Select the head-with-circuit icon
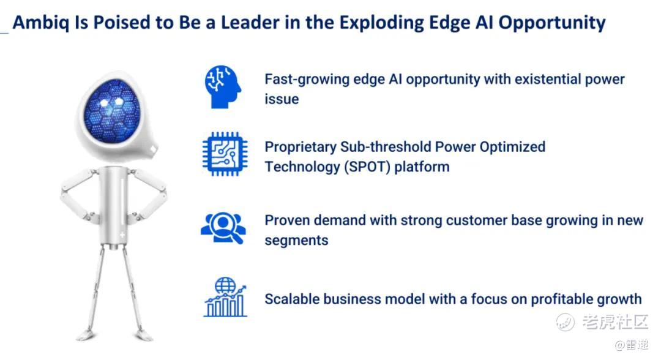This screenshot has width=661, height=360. pyautogui.click(x=223, y=86)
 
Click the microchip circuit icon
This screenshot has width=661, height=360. pyautogui.click(x=225, y=154)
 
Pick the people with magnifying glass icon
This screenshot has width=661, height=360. pyautogui.click(x=223, y=228)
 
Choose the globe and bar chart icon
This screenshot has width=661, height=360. pyautogui.click(x=225, y=297)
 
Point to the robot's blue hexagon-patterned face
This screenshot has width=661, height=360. pyautogui.click(x=111, y=110)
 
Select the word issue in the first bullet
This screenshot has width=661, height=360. pyautogui.click(x=282, y=99)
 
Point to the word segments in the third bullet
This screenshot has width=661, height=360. pyautogui.click(x=296, y=241)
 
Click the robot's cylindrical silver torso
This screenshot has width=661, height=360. pyautogui.click(x=114, y=205)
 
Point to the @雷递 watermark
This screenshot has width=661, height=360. pyautogui.click(x=631, y=345)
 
